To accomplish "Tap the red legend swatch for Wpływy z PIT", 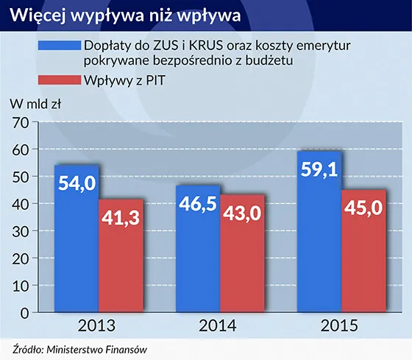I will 57,82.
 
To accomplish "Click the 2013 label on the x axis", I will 99,325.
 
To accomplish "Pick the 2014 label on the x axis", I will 219,325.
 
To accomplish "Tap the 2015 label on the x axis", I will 339,325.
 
